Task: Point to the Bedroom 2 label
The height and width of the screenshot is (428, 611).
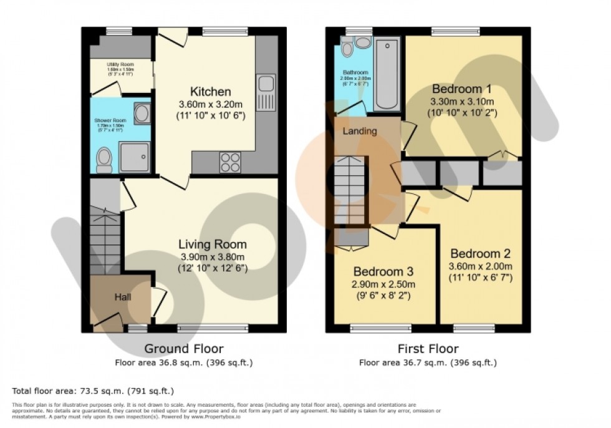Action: pyautogui.click(x=480, y=254)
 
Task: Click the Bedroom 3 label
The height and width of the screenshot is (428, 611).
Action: pyautogui.click(x=383, y=272)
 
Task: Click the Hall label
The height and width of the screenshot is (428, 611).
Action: pyautogui.click(x=122, y=298)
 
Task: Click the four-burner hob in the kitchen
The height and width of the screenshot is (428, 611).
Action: pyautogui.click(x=229, y=162)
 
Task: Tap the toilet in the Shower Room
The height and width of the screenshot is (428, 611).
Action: pyautogui.click(x=104, y=160)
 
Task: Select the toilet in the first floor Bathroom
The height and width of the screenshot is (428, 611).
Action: pyautogui.click(x=347, y=47)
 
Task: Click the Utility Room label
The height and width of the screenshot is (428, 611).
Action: pyautogui.click(x=120, y=64)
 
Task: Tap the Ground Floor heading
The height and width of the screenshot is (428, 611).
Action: pyautogui.click(x=184, y=349)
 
